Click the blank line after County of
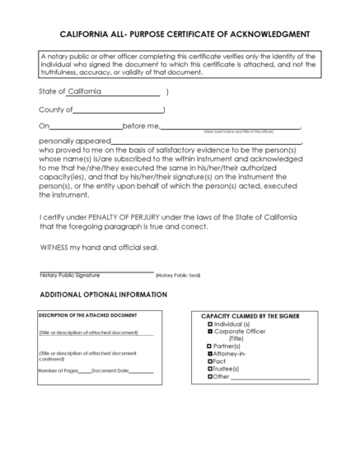point(119,110)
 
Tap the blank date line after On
point(85,128)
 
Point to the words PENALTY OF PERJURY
point(133,217)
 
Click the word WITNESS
point(58,248)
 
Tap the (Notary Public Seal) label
point(177,275)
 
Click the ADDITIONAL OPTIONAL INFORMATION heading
point(103,294)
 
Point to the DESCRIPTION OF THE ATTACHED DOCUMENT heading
point(87,315)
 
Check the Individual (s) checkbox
point(210,324)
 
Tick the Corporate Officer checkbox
point(210,332)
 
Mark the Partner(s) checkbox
point(210,346)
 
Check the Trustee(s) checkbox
point(210,369)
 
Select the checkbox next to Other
point(210,376)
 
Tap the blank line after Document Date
point(142,372)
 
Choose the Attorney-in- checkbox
point(210,354)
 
